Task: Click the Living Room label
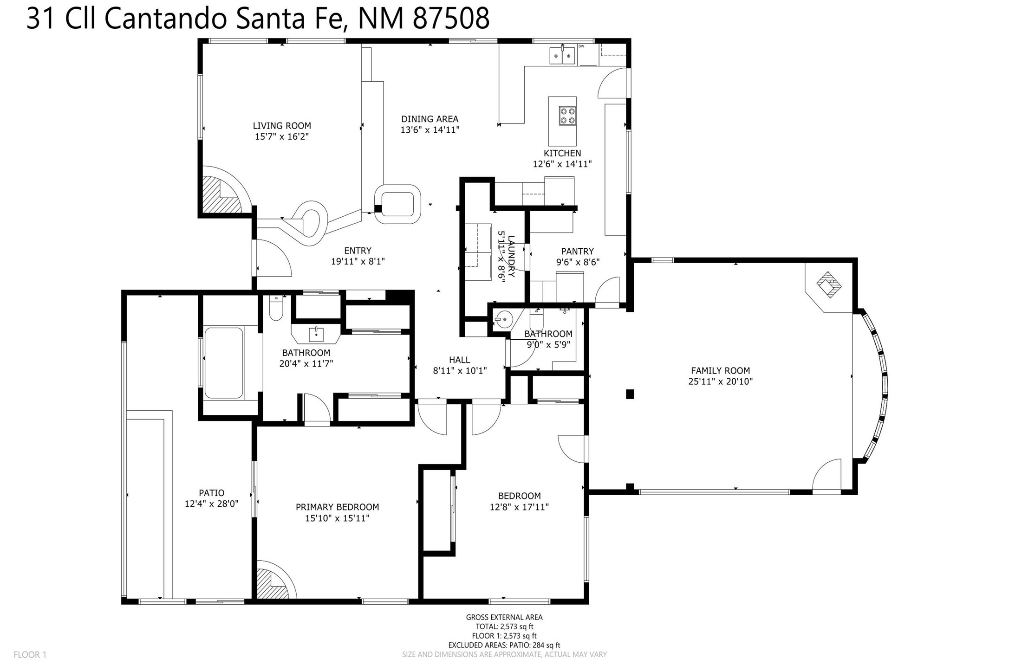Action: click(282, 126)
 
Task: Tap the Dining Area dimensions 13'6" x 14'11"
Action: click(430, 130)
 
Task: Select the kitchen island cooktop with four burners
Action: click(567, 116)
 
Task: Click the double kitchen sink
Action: click(562, 56)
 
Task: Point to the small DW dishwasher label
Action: click(581, 46)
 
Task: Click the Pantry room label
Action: click(578, 252)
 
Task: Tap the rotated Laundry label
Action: click(511, 256)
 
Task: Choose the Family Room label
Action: click(720, 371)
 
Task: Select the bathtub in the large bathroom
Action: click(224, 363)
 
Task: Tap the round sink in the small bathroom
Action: click(503, 319)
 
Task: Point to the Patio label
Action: click(212, 493)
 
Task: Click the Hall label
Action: click(459, 360)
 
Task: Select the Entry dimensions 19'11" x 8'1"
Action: click(358, 262)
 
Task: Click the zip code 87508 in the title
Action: click(451, 19)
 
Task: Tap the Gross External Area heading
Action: click(504, 617)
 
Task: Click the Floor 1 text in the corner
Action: click(30, 655)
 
